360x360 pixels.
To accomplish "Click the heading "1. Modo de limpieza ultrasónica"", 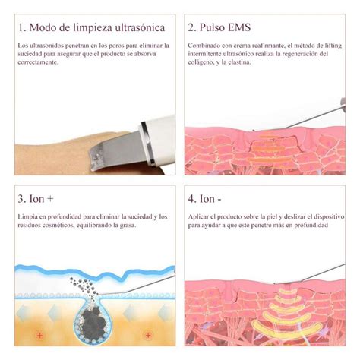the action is click(x=91, y=28).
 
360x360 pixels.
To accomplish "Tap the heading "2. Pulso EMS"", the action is click(x=219, y=27).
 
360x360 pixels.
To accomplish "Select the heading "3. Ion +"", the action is click(x=36, y=199).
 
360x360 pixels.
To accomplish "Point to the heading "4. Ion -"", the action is click(x=204, y=199).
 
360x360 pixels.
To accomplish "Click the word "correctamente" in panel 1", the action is click(x=38, y=62).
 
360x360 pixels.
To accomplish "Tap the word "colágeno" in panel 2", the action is click(x=201, y=62).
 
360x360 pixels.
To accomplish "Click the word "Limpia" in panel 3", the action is click(x=27, y=217).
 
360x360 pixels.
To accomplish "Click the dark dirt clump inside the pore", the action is click(x=93, y=321).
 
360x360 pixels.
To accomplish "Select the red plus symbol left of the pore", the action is click(x=39, y=336).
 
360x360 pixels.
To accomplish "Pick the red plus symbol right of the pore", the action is click(x=148, y=336).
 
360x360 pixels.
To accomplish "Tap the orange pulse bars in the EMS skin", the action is click(x=269, y=149).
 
